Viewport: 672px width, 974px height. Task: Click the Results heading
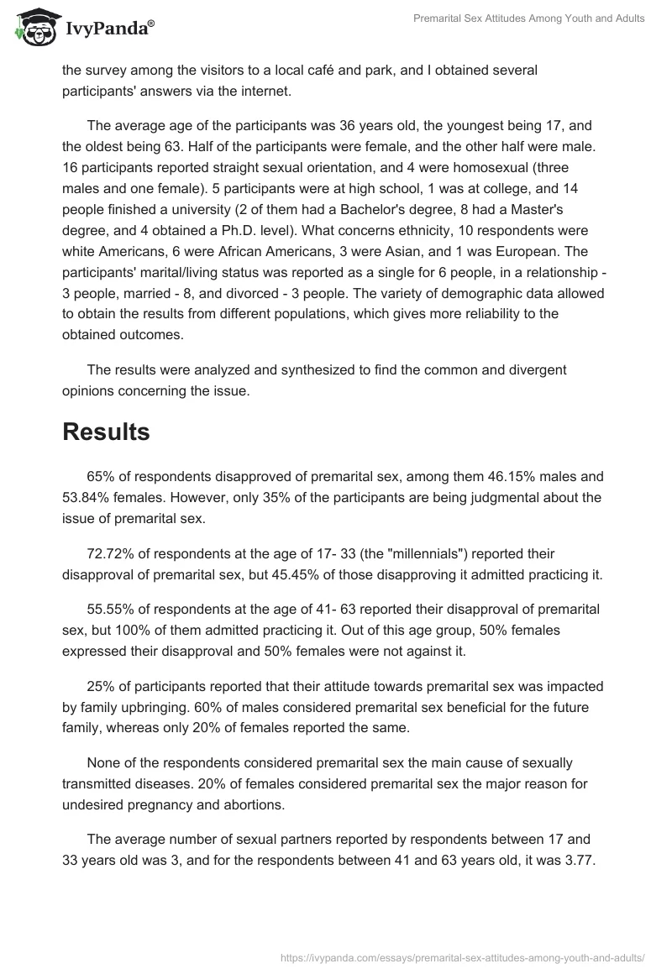(106, 432)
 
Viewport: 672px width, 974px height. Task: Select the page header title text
(530, 18)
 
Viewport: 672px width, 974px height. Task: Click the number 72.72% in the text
(110, 554)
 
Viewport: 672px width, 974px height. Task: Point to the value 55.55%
(110, 608)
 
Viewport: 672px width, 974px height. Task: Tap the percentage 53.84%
(87, 497)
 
